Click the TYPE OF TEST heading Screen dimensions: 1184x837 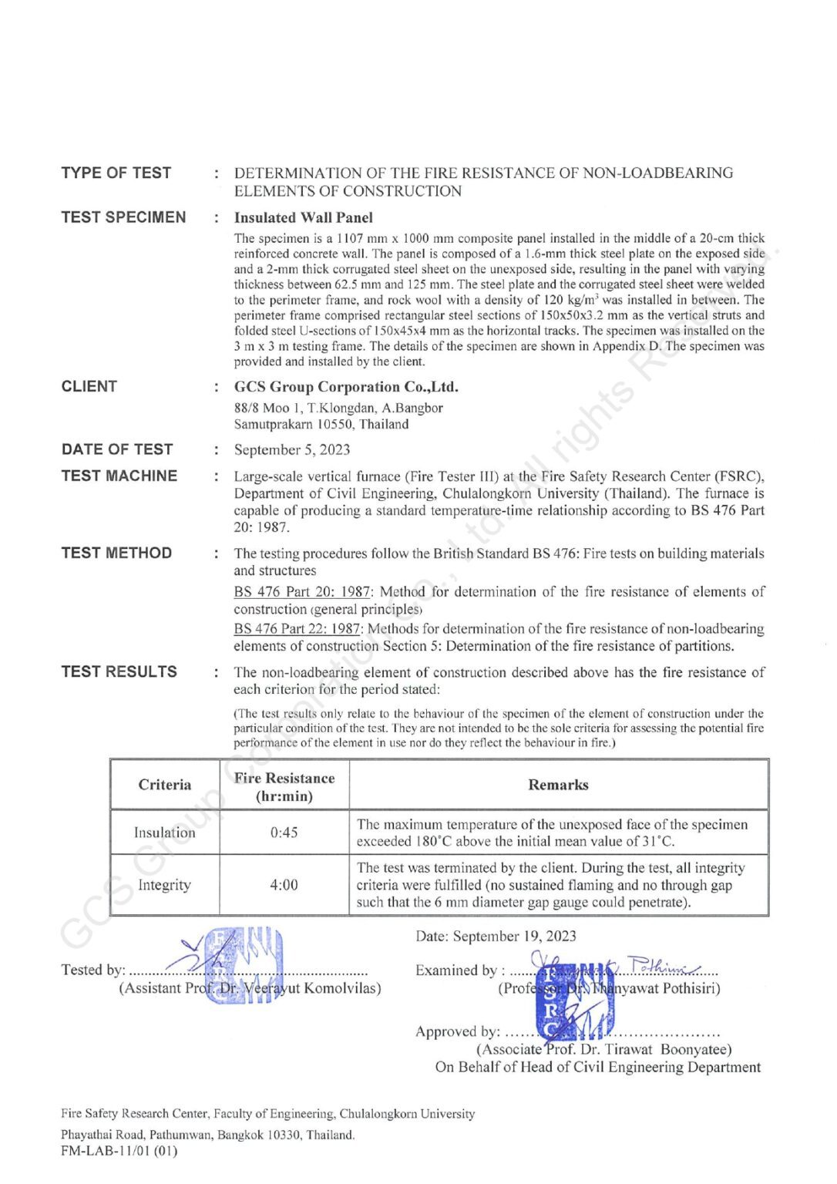click(116, 173)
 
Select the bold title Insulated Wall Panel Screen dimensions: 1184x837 click(303, 217)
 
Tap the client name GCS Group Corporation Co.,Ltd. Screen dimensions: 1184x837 click(346, 387)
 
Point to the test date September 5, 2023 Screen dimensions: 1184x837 click(292, 450)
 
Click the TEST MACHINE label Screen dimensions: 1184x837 click(119, 476)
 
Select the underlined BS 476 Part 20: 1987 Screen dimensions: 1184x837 click(302, 592)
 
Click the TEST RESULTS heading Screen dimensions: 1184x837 click(119, 671)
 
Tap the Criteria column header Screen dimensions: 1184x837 click(165, 785)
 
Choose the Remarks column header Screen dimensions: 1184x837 click(558, 785)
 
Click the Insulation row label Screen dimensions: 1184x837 click(165, 832)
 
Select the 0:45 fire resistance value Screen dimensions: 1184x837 click(284, 832)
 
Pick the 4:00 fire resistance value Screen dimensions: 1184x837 click(284, 885)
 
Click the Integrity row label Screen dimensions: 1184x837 click(165, 885)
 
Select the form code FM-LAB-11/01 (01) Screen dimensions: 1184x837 click(119, 1152)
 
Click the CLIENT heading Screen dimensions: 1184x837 click(89, 386)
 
